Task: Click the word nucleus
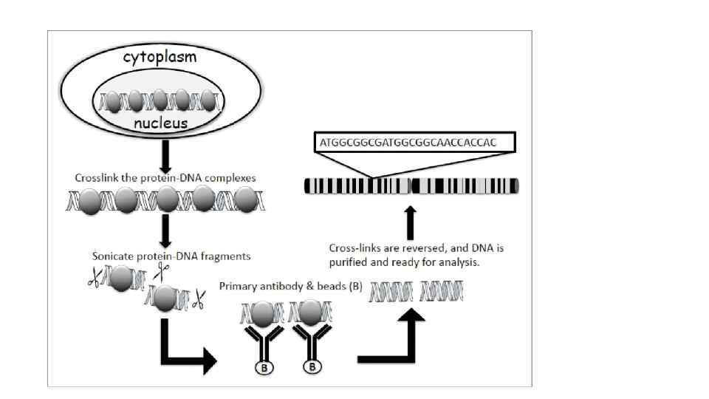[160, 123]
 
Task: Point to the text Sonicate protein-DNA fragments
[171, 256]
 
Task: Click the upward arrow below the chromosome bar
[411, 222]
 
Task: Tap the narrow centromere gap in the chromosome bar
[411, 186]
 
